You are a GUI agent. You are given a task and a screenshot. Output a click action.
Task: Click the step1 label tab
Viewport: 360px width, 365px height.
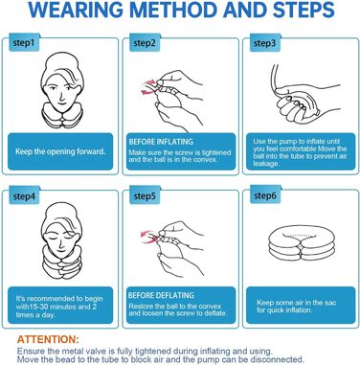tap(24, 42)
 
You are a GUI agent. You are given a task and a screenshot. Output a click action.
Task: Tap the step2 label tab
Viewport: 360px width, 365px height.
tap(145, 42)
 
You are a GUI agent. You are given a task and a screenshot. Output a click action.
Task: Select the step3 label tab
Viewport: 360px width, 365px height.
tap(264, 42)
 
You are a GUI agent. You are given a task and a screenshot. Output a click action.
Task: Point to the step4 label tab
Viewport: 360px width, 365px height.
tap(24, 195)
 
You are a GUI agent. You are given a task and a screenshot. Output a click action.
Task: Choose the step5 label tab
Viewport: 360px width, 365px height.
tap(145, 195)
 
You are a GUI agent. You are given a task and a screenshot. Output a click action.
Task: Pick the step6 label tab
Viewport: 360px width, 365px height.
tap(265, 195)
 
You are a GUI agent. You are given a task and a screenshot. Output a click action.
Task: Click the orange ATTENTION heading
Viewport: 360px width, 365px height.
tap(48, 339)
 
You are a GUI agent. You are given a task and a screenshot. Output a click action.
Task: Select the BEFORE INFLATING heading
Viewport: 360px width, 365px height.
tap(161, 142)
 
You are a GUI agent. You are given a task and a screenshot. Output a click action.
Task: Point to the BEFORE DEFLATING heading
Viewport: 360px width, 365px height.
tap(161, 295)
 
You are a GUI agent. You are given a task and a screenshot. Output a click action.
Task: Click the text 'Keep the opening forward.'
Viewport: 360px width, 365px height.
tap(60, 151)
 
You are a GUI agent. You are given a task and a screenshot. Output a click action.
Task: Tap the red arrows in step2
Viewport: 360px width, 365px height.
tap(149, 87)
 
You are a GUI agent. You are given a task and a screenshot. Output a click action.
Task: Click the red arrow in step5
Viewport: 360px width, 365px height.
tap(148, 237)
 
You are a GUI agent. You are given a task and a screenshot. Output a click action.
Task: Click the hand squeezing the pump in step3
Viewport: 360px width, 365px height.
tap(295, 105)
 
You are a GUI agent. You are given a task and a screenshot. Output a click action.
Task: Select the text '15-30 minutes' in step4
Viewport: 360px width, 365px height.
tap(50, 307)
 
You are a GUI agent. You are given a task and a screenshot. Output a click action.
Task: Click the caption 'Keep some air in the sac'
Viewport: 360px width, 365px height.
tap(297, 303)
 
